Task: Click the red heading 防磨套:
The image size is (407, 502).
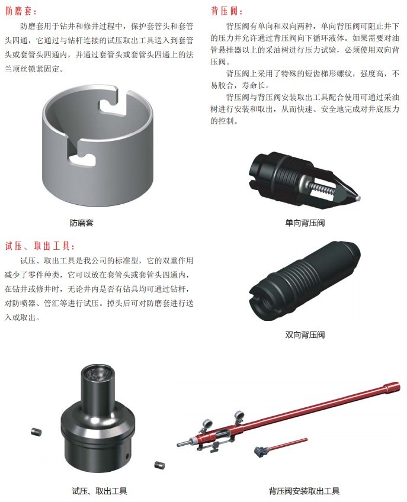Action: click(21, 11)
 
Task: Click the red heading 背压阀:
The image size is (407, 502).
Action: click(227, 11)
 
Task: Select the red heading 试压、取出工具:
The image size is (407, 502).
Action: click(40, 246)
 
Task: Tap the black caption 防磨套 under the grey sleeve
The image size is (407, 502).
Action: click(81, 223)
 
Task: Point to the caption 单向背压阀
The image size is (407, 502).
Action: click(305, 223)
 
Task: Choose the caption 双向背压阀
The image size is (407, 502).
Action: click(305, 335)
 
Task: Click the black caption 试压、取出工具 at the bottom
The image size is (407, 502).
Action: click(100, 491)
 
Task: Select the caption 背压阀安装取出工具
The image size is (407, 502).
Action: click(304, 491)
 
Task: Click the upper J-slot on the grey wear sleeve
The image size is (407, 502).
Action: click(113, 101)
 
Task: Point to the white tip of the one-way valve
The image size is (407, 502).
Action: click(358, 198)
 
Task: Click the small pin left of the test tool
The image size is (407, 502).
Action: click(36, 432)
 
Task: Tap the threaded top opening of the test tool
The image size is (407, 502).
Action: click(95, 374)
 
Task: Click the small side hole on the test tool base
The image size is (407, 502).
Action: click(127, 455)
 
